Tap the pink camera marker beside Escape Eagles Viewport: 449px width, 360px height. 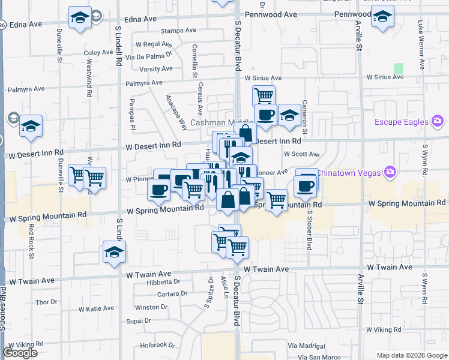pyautogui.click(x=438, y=122)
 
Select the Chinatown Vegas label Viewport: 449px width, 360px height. pyautogui.click(x=349, y=173)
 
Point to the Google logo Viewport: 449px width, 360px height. pyautogui.click(x=20, y=353)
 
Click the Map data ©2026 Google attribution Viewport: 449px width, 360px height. pyautogui.click(x=412, y=355)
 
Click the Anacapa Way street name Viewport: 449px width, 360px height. pyautogui.click(x=176, y=109)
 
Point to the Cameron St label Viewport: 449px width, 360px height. pyautogui.click(x=305, y=118)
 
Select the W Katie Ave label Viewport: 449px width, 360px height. pyautogui.click(x=95, y=308)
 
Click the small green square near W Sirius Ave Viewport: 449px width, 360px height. pyautogui.click(x=398, y=69)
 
